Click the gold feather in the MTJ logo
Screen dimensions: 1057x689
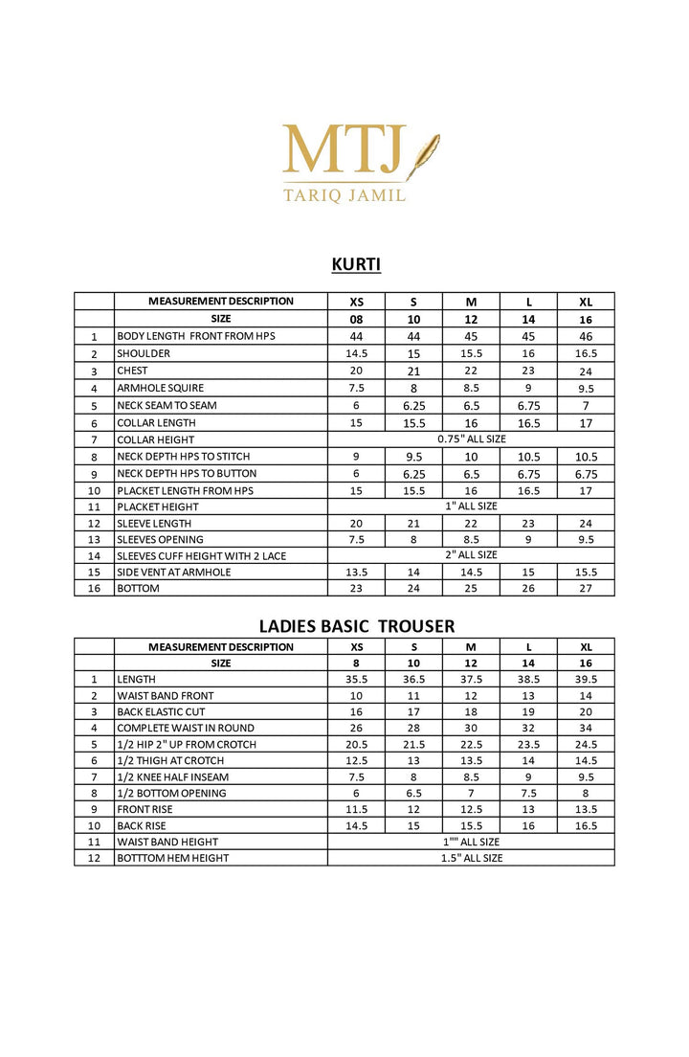(x=422, y=156)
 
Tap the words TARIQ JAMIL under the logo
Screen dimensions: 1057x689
(x=344, y=194)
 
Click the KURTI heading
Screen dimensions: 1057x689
(x=356, y=264)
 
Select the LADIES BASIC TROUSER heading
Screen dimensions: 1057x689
(x=357, y=626)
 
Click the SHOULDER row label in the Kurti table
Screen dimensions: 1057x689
(x=144, y=353)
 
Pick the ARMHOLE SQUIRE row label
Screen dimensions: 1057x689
(x=160, y=388)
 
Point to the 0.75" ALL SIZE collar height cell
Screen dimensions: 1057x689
(x=471, y=439)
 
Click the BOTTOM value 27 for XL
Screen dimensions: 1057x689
(x=586, y=588)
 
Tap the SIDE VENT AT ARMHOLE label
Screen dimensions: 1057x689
(x=174, y=572)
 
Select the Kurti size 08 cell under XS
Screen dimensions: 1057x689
(x=356, y=319)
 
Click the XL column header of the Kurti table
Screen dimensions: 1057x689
(x=586, y=301)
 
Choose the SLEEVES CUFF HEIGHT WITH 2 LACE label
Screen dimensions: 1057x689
(x=201, y=555)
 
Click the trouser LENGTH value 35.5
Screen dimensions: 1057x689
(x=356, y=678)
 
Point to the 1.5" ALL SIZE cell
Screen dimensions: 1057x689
(x=471, y=858)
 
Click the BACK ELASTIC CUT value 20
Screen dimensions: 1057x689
(x=586, y=711)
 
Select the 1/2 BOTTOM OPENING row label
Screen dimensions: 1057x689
(x=171, y=793)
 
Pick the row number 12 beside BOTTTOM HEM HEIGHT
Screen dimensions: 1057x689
(x=94, y=858)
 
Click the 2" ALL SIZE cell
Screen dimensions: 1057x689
(x=471, y=554)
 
